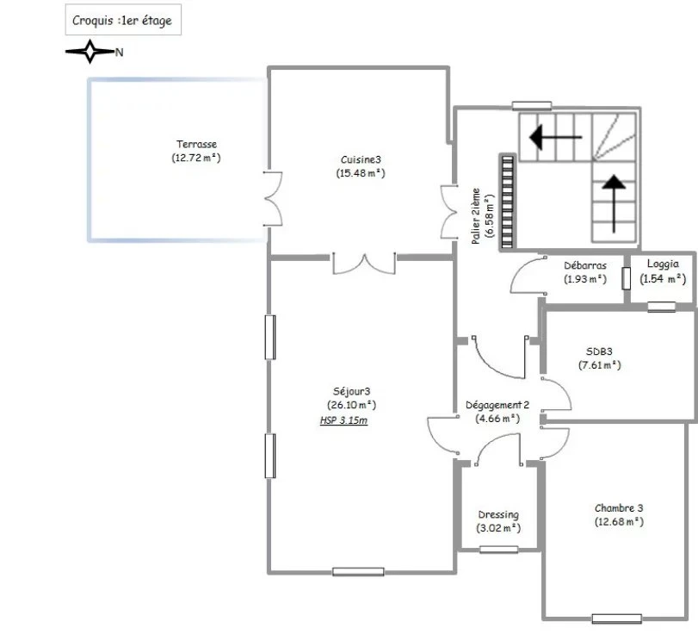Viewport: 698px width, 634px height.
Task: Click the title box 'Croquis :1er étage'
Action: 123,20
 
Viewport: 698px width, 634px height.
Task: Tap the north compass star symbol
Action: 90,52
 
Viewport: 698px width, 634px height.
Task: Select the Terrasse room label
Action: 196,144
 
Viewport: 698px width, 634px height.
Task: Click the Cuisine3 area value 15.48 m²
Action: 361,173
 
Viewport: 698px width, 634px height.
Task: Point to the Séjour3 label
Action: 352,391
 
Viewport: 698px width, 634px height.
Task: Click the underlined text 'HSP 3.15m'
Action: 343,420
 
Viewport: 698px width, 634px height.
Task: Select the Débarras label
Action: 585,265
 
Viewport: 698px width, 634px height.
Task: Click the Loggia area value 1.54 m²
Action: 663,279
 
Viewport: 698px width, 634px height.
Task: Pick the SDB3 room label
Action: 599,351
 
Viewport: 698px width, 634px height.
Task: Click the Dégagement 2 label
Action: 497,405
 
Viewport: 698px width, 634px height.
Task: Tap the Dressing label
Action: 498,514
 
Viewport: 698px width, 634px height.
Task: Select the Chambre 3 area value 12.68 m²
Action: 619,522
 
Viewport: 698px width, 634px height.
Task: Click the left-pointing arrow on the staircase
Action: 555,137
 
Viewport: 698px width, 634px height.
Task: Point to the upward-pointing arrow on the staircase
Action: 614,203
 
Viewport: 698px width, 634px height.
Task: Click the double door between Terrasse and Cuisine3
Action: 274,199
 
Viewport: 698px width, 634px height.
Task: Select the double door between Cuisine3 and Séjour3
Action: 364,264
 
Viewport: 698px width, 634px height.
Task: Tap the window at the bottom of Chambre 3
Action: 616,618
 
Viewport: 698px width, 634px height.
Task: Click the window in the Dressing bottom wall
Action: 498,550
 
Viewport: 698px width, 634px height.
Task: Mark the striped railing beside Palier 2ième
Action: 508,202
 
